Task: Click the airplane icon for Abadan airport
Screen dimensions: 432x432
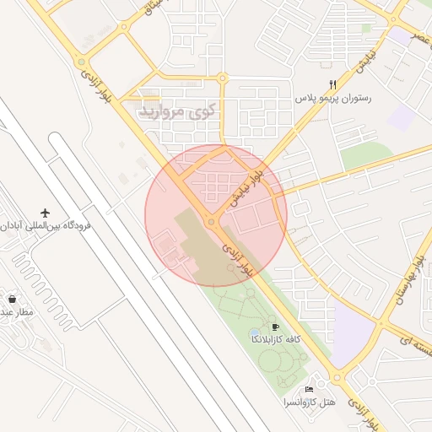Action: point(45,212)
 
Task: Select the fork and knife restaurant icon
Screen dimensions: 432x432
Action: point(333,84)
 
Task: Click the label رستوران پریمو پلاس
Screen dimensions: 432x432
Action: point(333,99)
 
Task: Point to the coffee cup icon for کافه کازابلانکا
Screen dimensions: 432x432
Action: point(275,327)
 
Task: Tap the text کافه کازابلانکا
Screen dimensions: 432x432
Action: point(275,338)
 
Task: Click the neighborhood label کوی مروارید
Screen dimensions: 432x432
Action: point(178,111)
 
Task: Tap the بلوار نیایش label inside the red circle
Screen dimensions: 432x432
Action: point(247,186)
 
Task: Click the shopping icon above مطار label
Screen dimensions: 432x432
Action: point(12,298)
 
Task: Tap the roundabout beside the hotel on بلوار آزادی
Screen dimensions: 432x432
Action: point(337,379)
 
